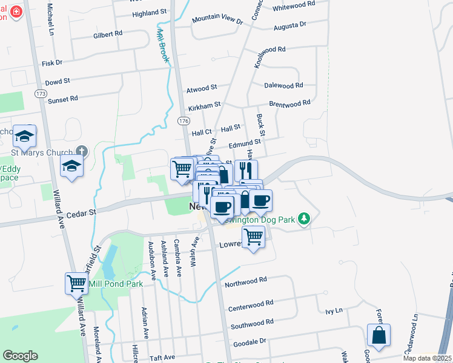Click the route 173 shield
(41, 94)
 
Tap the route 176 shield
(183, 122)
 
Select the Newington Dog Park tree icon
(305, 218)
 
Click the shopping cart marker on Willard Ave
(76, 283)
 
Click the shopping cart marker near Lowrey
(253, 237)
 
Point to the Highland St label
(149, 12)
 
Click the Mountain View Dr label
(217, 20)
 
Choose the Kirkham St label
(204, 106)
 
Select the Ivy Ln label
(334, 310)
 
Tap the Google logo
(20, 356)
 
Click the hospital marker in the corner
(14, 11)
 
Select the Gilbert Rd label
(108, 34)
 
